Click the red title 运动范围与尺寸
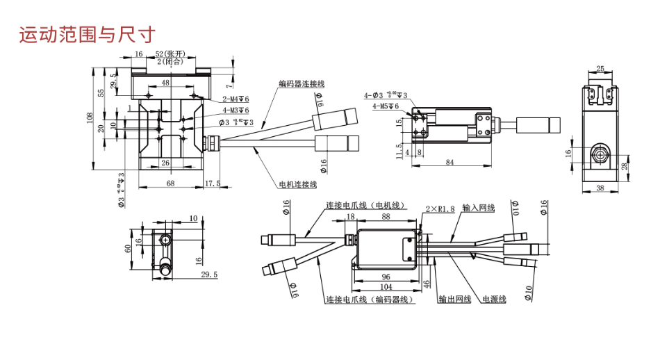(87, 34)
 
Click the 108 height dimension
(90, 119)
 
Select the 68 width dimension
(170, 183)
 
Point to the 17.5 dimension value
(212, 183)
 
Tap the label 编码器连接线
(302, 83)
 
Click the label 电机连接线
(297, 184)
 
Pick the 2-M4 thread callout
(236, 99)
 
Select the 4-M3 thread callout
(236, 110)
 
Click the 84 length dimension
(449, 163)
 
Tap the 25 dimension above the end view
(600, 69)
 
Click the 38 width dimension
(600, 188)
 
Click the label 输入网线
(478, 208)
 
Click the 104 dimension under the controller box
(386, 286)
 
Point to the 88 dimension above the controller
(386, 217)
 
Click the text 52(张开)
(170, 54)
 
